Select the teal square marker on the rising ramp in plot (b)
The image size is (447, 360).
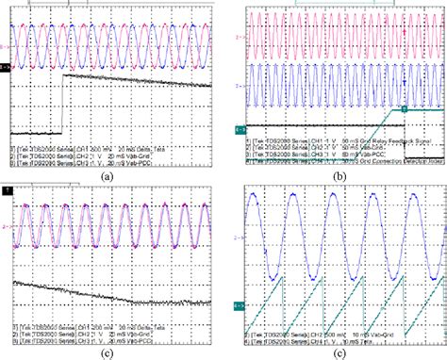click(404, 110)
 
